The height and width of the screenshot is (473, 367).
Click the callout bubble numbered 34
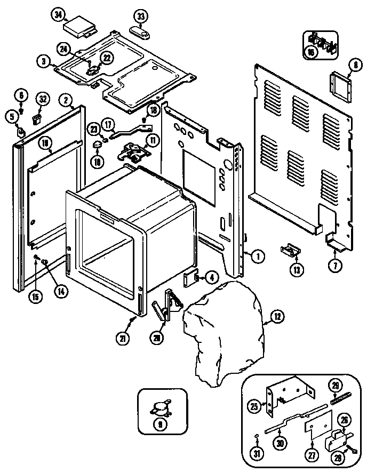coord(58,15)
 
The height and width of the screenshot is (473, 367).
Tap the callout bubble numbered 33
coord(141,17)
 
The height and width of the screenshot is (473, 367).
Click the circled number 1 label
coord(258,256)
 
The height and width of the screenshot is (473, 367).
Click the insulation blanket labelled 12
coord(224,336)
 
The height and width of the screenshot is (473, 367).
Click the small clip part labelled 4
coord(190,278)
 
